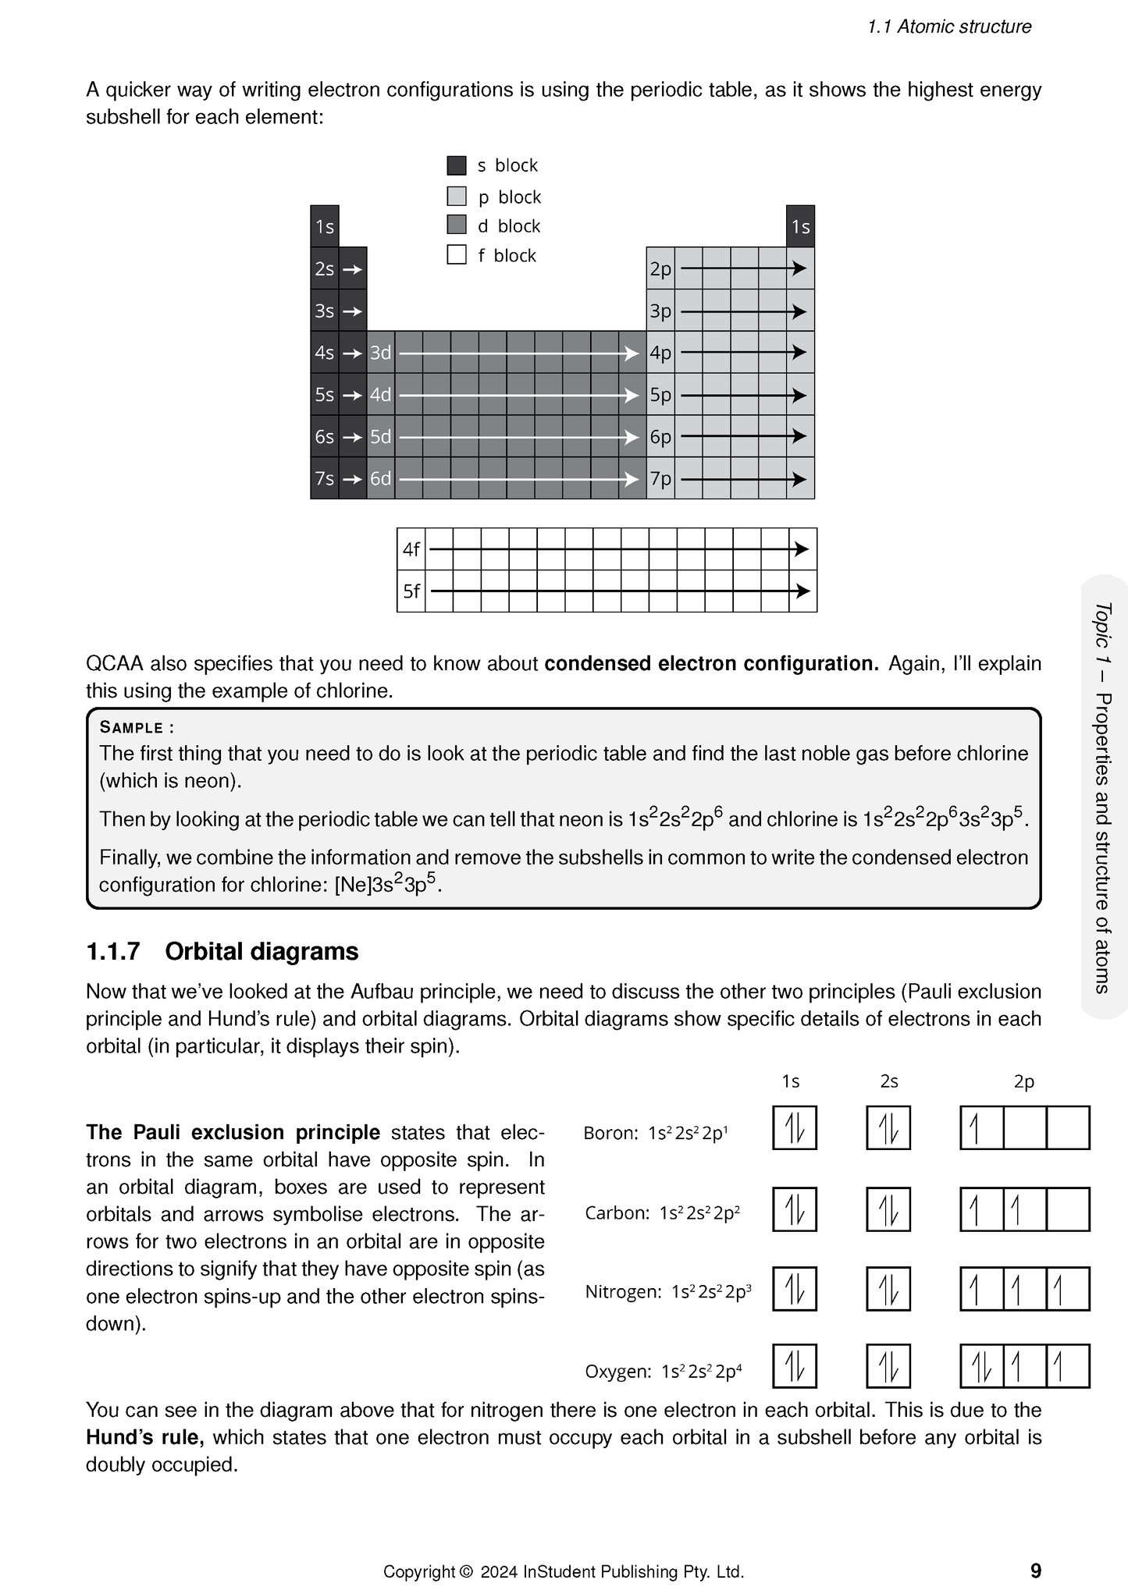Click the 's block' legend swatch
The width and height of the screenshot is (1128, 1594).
457,165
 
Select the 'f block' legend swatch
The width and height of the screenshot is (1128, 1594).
457,255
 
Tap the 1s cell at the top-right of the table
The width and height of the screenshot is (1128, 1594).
800,227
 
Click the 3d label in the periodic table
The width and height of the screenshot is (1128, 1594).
380,353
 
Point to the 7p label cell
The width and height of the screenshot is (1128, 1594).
660,478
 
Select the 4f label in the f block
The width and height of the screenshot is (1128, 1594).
411,549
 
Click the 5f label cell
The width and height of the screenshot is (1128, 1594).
411,591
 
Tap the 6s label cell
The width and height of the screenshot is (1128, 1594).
324,437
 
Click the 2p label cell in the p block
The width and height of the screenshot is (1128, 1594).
660,269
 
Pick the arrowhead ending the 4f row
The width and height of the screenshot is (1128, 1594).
801,549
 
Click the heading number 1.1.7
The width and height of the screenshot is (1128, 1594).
113,952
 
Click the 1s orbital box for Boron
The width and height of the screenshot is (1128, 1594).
794,1127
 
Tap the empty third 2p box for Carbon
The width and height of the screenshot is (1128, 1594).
1067,1209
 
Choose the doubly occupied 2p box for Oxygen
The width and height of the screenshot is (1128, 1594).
981,1366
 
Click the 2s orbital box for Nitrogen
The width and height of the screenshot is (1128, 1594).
888,1289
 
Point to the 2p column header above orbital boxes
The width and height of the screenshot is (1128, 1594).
1023,1081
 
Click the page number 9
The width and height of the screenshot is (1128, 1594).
1035,1571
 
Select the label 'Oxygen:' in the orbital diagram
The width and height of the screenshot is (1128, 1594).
617,1372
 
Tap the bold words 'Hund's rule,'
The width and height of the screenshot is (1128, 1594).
144,1437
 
